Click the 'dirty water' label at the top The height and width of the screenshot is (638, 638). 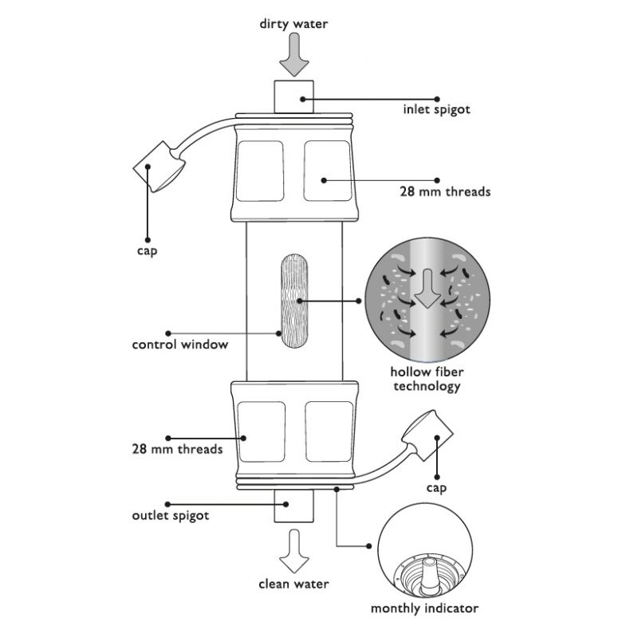coord(293,24)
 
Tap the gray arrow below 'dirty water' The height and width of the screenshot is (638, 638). coord(294,54)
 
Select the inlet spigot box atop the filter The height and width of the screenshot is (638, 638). coord(293,96)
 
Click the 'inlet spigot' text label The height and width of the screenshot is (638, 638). coord(436,109)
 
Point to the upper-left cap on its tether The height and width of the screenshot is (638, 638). coord(159,167)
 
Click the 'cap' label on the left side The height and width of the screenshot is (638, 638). coord(147,250)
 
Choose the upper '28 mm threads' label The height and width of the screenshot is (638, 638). coord(445,191)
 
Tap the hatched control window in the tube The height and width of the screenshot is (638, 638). coord(294,301)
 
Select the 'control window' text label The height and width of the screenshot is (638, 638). coord(180,345)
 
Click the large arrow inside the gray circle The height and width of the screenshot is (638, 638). coord(427,288)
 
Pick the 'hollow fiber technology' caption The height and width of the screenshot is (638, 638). coord(427,379)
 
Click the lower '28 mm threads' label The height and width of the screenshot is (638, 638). coord(177,449)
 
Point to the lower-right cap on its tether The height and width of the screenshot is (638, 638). coord(427,435)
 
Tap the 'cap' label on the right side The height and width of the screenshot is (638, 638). coord(436,488)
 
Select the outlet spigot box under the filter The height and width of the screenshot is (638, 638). coord(293,506)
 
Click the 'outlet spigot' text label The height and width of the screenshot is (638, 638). coord(171,515)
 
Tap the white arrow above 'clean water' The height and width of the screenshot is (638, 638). coord(294,551)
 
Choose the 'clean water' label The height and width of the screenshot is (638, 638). coord(293,584)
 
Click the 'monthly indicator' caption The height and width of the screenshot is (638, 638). coord(424,608)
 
